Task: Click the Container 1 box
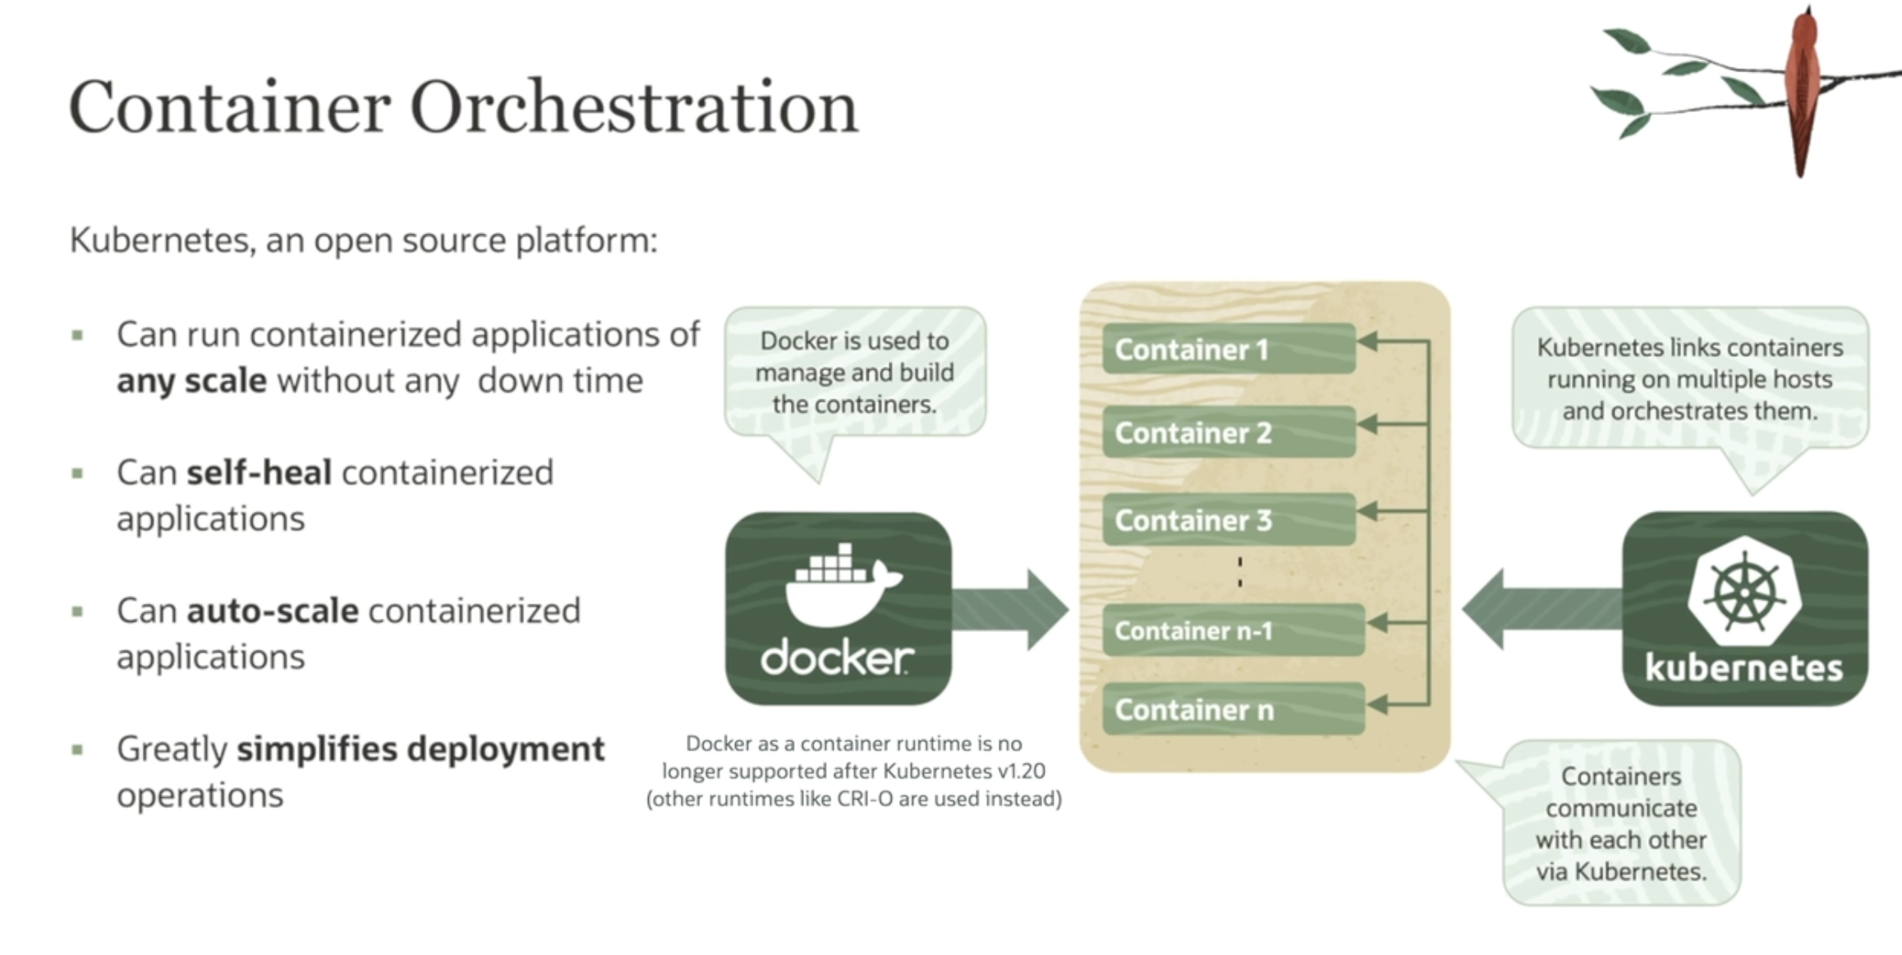pyautogui.click(x=1228, y=349)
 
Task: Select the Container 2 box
pyautogui.click(x=1228, y=432)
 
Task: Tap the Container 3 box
pyautogui.click(x=1228, y=519)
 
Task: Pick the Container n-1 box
pyautogui.click(x=1232, y=630)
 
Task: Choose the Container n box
pyautogui.click(x=1232, y=709)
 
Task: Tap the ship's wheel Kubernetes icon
pyautogui.click(x=1744, y=592)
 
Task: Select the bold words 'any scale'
pyautogui.click(x=191, y=381)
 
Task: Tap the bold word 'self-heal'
pyautogui.click(x=259, y=473)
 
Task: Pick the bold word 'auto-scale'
pyautogui.click(x=273, y=611)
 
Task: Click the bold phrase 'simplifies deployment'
pyautogui.click(x=420, y=750)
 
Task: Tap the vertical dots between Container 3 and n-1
pyautogui.click(x=1240, y=572)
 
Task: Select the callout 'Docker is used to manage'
pyautogui.click(x=854, y=372)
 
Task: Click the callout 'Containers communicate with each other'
pyautogui.click(x=1621, y=824)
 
